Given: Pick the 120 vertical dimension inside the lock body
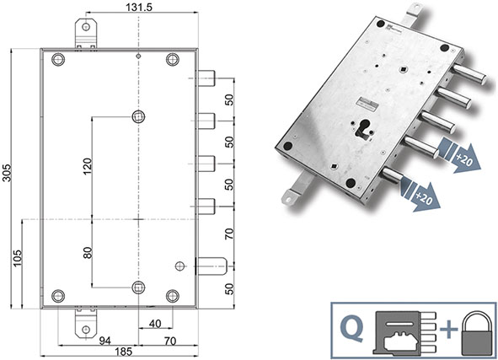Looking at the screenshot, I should (x=88, y=165).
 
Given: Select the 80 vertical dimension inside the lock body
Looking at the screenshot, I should (x=88, y=252).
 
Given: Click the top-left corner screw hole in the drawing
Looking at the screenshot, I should (x=58, y=60).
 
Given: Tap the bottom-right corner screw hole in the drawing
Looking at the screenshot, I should (x=173, y=295).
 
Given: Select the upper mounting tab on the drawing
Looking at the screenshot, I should (x=86, y=32).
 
